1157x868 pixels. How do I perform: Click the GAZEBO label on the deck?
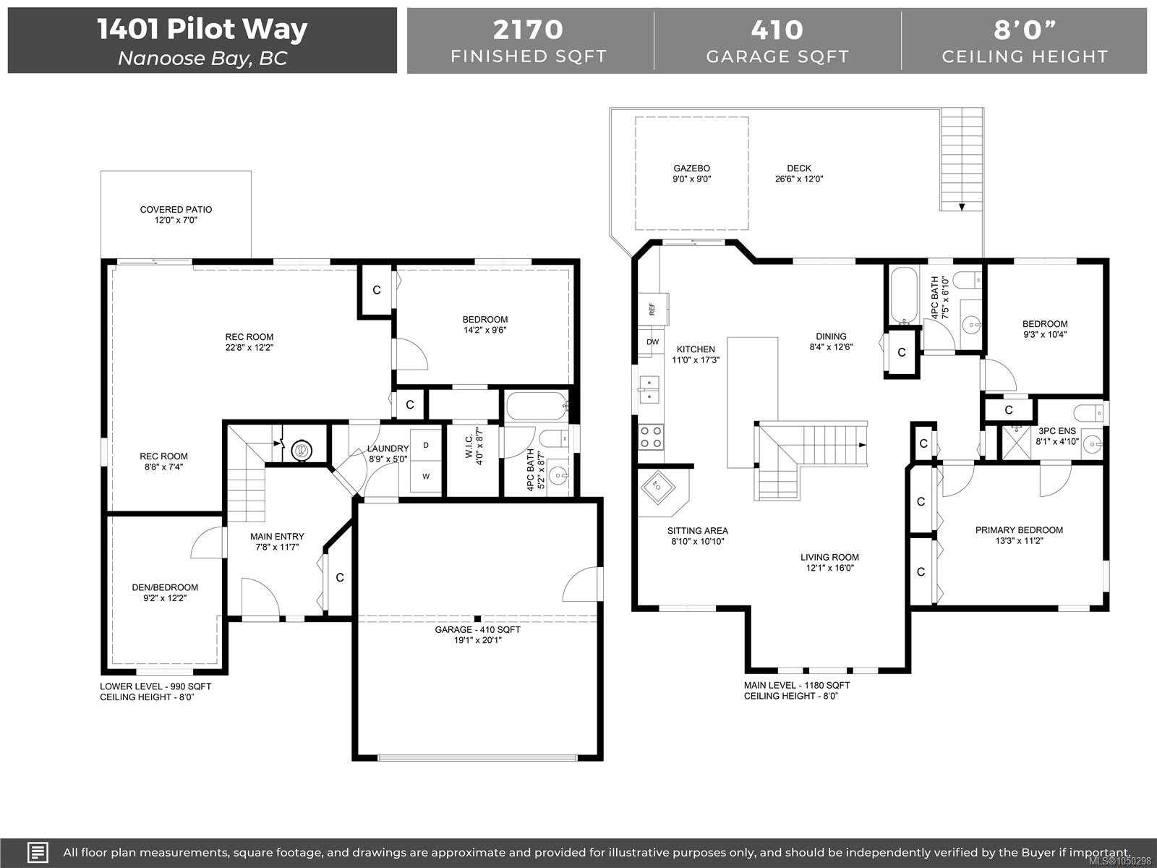coord(691,168)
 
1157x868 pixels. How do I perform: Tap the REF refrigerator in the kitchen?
coord(653,309)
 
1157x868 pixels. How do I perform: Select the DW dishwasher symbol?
coord(652,341)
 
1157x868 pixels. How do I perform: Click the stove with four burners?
coord(651,438)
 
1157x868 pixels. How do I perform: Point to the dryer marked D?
coord(426,446)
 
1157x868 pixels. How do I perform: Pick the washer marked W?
coord(426,477)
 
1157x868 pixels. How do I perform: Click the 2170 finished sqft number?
coord(528,30)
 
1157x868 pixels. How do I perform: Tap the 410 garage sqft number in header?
coord(777,30)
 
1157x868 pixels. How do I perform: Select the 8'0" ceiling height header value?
coord(1025,30)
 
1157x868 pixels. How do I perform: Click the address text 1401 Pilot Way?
coord(202,28)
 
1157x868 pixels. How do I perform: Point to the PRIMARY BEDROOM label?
coord(1019,529)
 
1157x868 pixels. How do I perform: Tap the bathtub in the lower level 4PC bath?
coord(537,407)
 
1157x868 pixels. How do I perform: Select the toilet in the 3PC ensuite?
coord(1088,412)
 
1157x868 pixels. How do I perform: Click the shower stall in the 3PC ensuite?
coord(1016,442)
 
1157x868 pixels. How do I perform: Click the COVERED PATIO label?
coord(176,209)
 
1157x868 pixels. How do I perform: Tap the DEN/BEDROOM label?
coord(165,587)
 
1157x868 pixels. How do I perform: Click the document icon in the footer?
coord(38,853)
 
